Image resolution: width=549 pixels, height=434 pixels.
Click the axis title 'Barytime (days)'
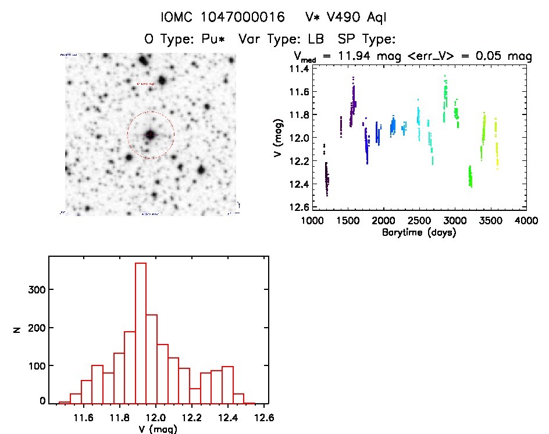point(419,232)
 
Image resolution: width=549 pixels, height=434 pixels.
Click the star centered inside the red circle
point(151,135)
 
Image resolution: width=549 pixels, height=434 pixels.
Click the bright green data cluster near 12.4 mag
point(470,176)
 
